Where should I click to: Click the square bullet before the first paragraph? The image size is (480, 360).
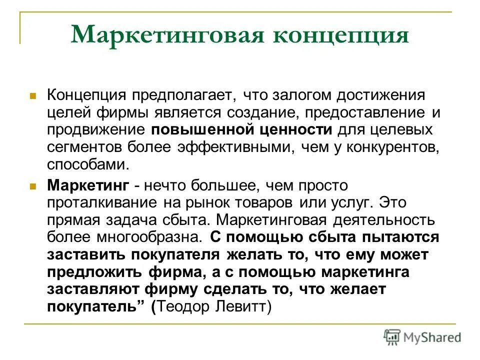[33, 94]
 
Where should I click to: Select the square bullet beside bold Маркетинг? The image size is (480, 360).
[33, 186]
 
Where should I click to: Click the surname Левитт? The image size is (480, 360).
[246, 306]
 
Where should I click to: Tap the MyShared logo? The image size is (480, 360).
[422, 337]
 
